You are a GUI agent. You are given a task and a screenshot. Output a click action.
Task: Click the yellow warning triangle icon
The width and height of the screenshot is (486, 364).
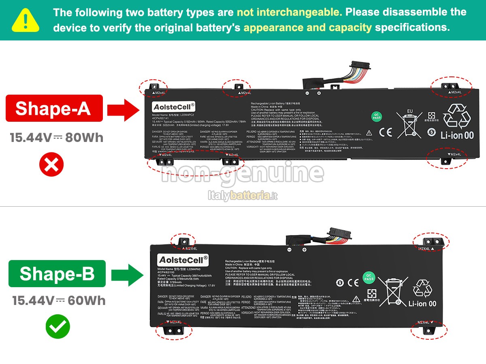pos(26,20)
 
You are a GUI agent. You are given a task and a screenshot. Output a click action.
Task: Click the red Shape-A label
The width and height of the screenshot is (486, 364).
pos(54,108)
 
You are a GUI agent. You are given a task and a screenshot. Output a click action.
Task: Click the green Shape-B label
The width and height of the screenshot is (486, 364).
pos(57,273)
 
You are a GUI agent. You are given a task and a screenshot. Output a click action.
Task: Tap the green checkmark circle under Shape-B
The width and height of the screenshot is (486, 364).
pos(58,326)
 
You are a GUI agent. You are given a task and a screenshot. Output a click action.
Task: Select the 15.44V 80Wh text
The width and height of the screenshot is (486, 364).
pos(56,138)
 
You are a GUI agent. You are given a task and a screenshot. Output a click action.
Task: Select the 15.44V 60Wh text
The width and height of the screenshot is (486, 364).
pos(59,301)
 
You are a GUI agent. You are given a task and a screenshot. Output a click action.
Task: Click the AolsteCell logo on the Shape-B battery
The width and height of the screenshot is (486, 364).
pos(183,259)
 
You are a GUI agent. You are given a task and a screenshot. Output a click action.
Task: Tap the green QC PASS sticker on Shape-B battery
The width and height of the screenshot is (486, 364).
pos(369,277)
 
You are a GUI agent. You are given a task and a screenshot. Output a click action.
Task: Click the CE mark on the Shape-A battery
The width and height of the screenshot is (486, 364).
pos(385,132)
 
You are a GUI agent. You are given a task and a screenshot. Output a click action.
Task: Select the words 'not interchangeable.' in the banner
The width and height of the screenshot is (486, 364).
pos(289,12)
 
